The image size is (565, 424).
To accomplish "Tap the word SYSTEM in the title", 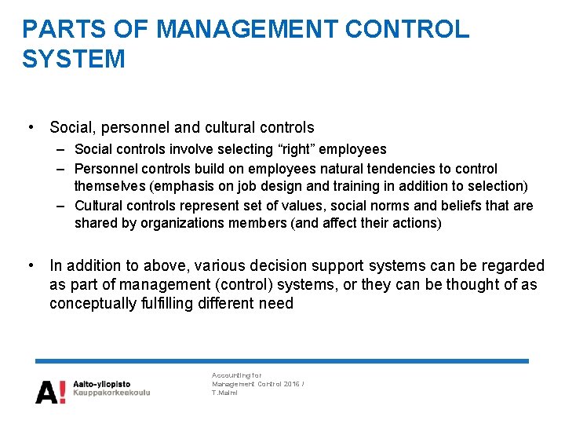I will (x=73, y=59).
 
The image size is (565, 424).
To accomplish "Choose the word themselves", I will (x=111, y=186).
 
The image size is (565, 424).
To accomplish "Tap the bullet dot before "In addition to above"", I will (x=29, y=265).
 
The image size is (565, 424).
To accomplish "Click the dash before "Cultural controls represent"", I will (x=62, y=207).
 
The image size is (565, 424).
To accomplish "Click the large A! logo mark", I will (x=50, y=389).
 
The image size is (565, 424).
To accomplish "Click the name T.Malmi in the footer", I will (x=224, y=393).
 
